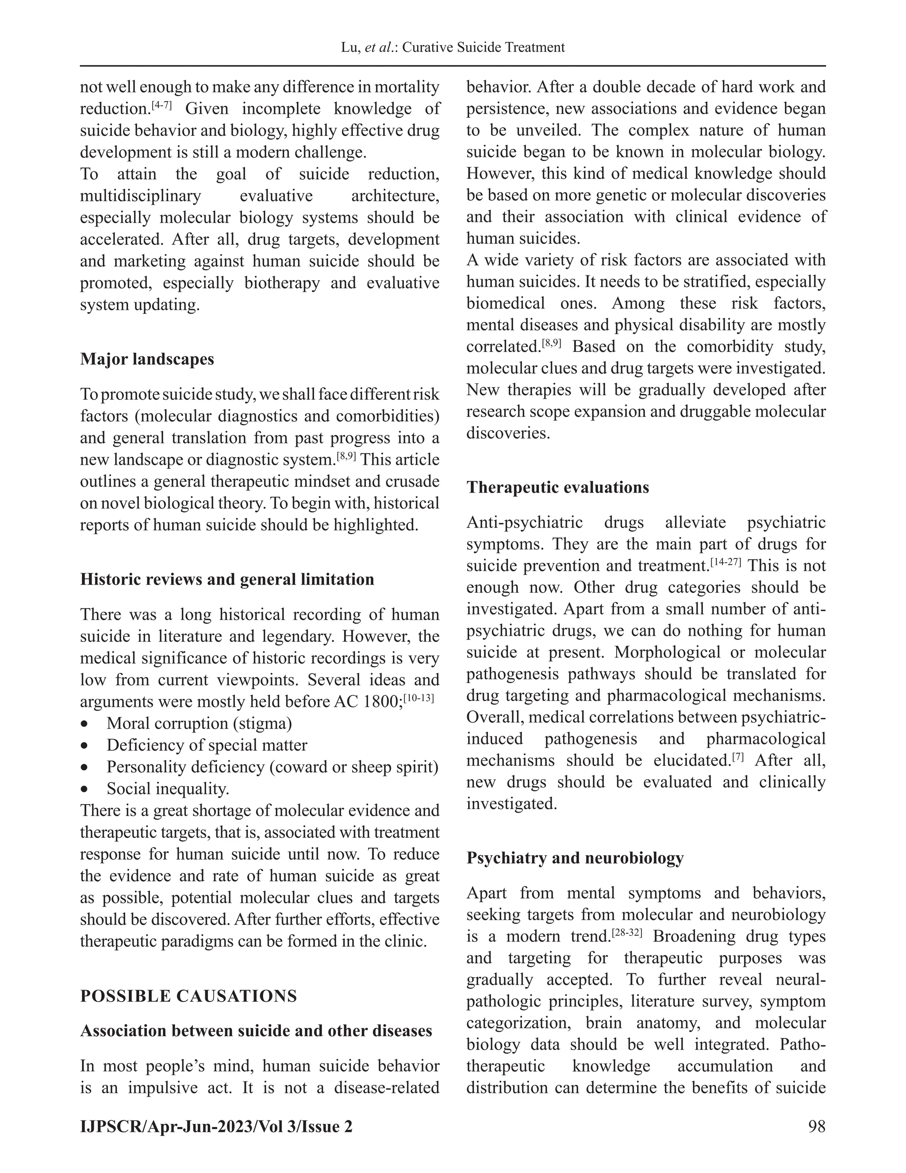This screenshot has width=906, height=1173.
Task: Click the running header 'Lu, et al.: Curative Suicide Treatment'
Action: pos(453,47)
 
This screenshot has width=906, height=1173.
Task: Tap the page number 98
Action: pos(816,1126)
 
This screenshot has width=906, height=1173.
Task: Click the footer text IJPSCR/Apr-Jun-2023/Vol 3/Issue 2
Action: pos(216,1126)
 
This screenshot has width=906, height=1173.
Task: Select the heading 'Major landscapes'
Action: pos(146,359)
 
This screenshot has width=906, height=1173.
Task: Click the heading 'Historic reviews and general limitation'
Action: pos(227,579)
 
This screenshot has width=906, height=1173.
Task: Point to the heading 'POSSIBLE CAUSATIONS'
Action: pos(188,996)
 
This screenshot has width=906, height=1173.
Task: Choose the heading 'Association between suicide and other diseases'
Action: pos(256,1030)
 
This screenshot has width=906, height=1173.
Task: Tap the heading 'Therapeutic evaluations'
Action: pos(557,487)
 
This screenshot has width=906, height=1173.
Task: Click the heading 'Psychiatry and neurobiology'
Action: pos(575,858)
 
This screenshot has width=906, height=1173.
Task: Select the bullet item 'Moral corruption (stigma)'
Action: pos(199,723)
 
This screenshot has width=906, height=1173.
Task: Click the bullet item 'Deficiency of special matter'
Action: pos(207,745)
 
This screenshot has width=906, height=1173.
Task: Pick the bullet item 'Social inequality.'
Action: pos(168,788)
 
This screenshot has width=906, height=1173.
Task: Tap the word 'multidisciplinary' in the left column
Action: pos(140,196)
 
